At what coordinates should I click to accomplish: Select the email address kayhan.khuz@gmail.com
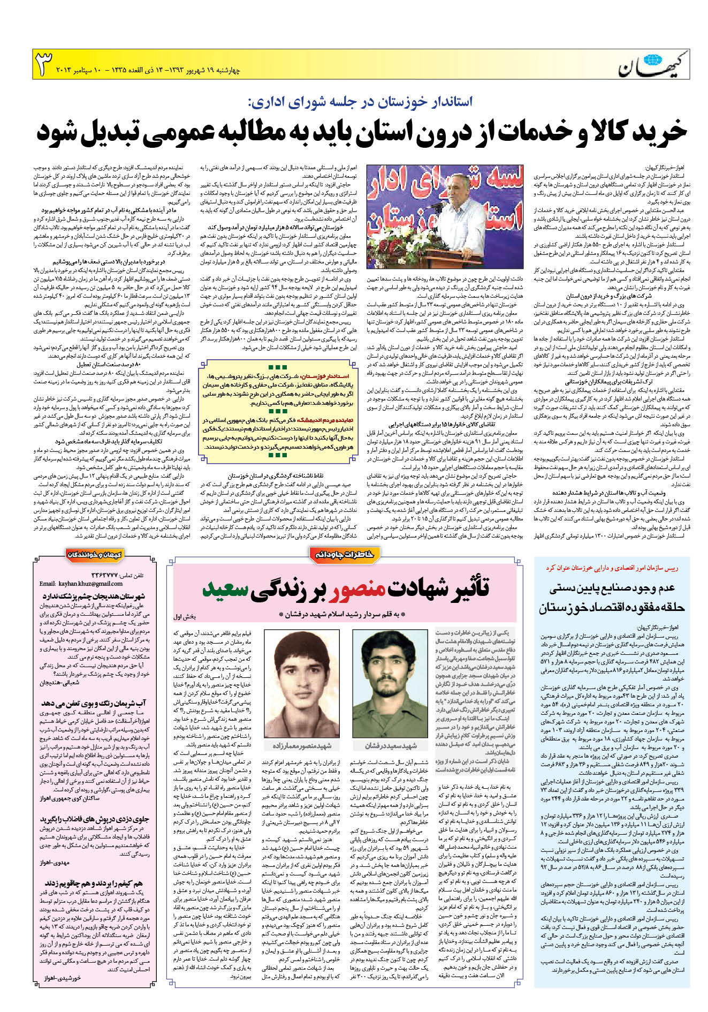[81, 584]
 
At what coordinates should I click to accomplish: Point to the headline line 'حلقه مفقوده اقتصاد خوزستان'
[611, 608]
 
